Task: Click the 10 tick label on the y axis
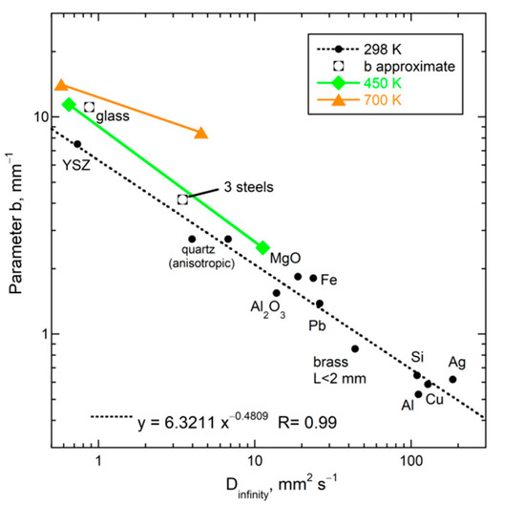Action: point(39,116)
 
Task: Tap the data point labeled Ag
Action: point(452,379)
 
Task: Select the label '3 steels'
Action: point(250,186)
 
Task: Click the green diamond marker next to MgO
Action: point(262,247)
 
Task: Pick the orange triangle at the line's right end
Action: point(200,133)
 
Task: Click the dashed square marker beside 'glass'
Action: point(90,107)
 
